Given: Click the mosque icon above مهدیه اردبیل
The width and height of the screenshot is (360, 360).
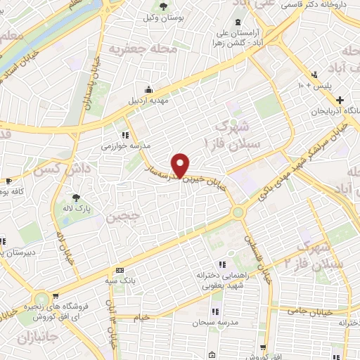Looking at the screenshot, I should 148,89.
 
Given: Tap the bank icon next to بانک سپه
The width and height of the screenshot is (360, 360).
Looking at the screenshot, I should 120,270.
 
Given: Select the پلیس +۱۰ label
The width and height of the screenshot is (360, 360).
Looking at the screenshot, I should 309,86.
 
